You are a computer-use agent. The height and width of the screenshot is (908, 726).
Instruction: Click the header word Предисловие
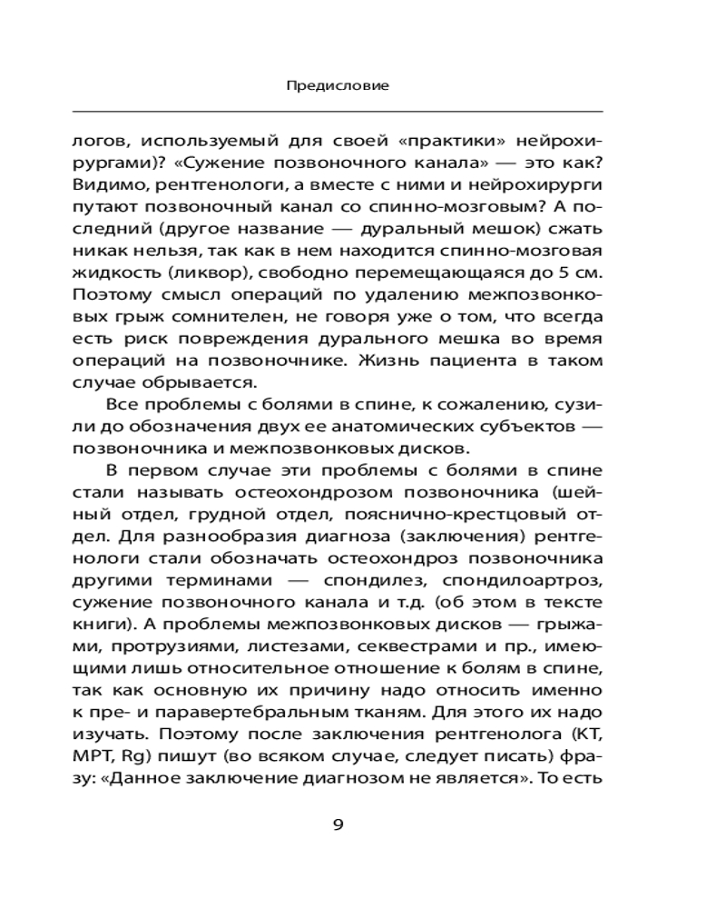click(338, 86)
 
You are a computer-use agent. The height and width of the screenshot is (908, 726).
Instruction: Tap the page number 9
click(338, 824)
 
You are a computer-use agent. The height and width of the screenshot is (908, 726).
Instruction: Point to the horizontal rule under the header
click(338, 111)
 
